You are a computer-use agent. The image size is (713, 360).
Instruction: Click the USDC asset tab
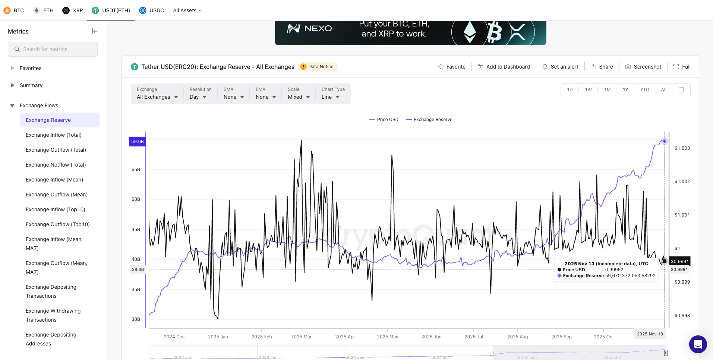click(x=152, y=10)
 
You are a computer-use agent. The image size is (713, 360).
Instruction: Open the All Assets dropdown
click(x=187, y=10)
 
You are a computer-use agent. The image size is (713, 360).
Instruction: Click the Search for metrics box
click(x=53, y=49)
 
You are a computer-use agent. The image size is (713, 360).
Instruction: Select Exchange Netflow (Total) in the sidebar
click(x=56, y=165)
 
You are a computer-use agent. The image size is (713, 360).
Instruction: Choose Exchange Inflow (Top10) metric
click(x=55, y=209)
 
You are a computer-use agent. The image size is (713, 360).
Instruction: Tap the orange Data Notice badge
click(x=318, y=67)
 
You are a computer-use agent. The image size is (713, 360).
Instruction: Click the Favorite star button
click(x=451, y=67)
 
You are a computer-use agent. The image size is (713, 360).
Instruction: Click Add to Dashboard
click(x=504, y=67)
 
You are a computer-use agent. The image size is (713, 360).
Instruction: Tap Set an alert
click(x=560, y=67)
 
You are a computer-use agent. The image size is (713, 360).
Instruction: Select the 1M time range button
click(x=607, y=90)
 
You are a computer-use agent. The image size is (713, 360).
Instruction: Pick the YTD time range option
click(x=644, y=90)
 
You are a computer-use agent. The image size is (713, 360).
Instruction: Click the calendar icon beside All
click(x=681, y=90)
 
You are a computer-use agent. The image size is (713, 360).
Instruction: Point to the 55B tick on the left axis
click(x=136, y=170)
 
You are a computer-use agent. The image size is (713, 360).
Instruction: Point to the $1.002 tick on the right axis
click(x=682, y=181)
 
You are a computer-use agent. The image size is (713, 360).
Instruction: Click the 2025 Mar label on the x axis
click(x=301, y=337)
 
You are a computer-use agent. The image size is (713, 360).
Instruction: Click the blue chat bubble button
click(x=698, y=344)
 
